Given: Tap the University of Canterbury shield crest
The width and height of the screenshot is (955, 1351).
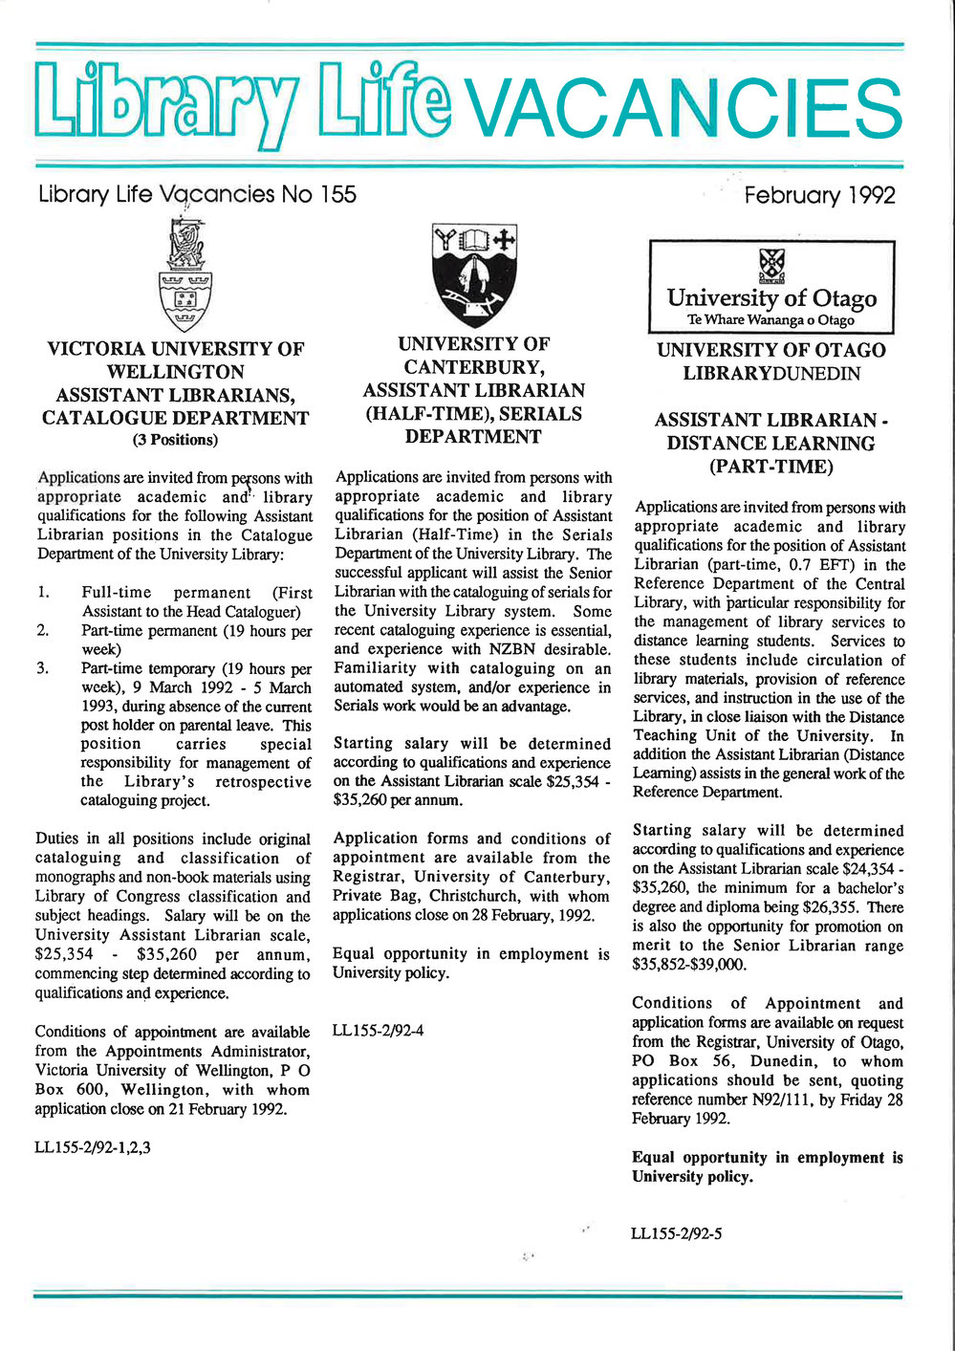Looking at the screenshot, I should point(474,274).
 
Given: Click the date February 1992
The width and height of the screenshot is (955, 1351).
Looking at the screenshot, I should point(819,196).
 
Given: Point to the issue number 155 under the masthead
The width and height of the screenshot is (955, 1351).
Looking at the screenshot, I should point(337,195).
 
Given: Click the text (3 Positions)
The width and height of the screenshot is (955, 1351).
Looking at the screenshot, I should point(175,440).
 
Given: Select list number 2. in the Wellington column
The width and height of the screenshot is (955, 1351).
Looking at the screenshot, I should point(43,630).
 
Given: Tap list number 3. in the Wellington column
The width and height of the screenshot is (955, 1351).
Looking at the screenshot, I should point(43,668).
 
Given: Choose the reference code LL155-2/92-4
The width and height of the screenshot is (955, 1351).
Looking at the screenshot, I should point(378,1031).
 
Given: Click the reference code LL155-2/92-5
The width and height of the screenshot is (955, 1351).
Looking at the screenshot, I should point(676,1233).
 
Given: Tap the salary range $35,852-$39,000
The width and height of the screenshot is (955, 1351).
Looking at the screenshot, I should point(689,965).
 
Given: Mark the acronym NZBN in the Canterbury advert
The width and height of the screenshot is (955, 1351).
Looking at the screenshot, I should point(522,649).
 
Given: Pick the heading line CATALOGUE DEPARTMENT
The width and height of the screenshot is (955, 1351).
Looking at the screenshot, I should point(175,418).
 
